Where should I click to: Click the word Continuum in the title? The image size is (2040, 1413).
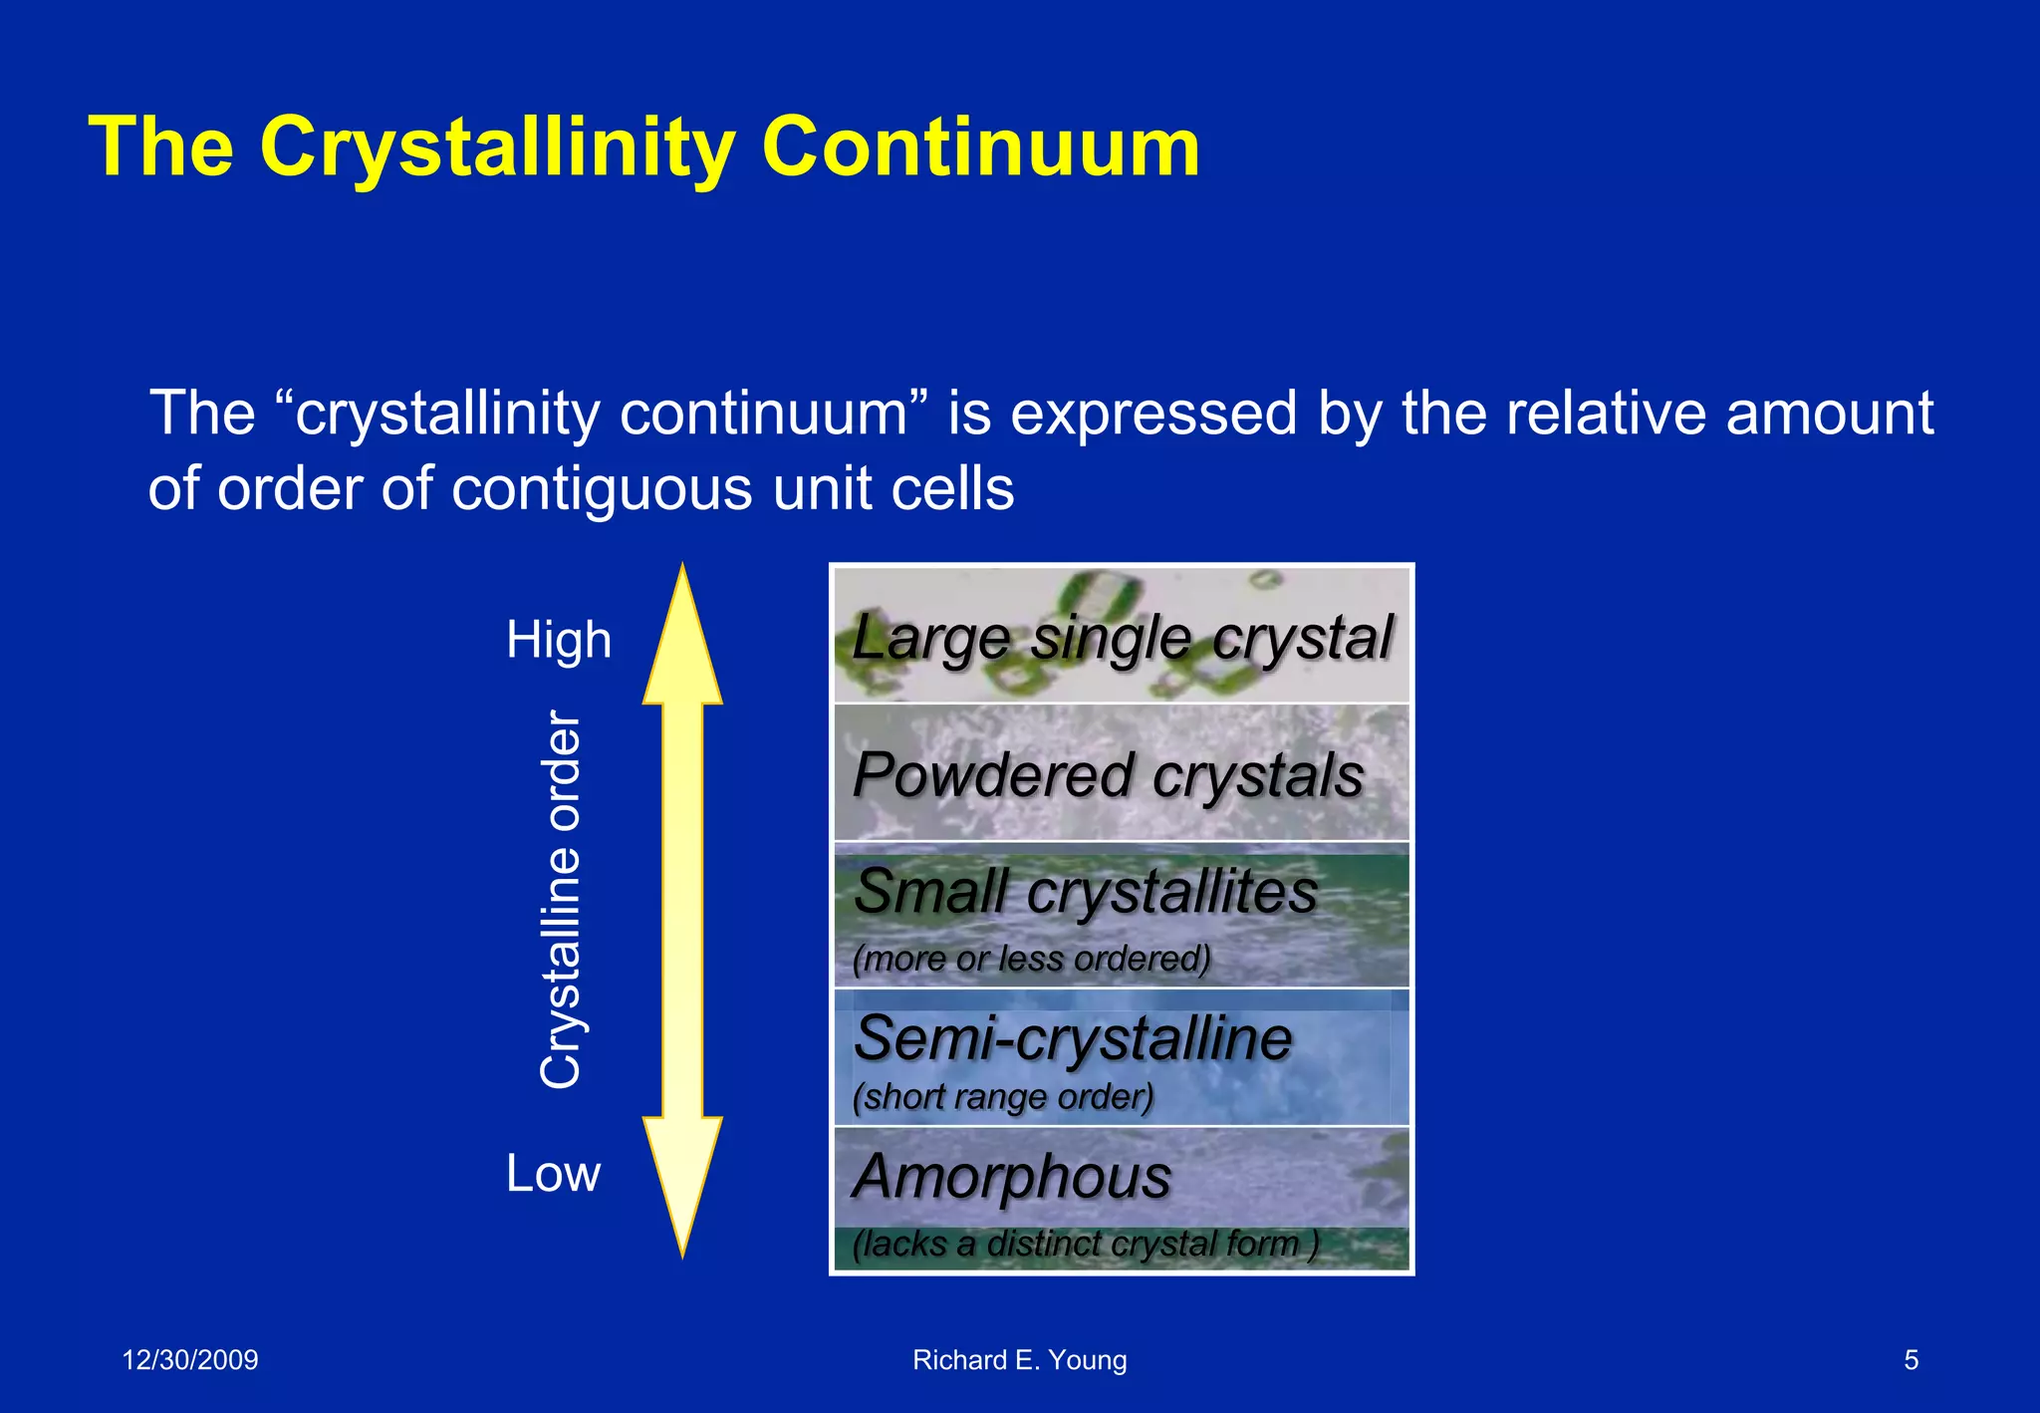980,147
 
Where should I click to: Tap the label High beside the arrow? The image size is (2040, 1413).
558,640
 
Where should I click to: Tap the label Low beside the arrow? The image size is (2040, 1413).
553,1173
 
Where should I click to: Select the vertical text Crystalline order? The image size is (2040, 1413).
561,900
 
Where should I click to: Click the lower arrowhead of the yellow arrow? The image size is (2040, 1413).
682,1181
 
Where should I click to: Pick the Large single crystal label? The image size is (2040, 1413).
1122,638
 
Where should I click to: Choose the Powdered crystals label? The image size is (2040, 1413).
1108,775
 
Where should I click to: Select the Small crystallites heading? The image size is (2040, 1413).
1086,891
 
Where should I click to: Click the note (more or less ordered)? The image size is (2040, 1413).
1031,959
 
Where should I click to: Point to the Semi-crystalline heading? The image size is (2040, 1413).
1073,1038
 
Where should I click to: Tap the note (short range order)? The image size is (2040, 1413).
1003,1097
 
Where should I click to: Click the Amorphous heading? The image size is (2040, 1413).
1012,1177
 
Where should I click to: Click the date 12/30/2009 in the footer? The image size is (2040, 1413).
189,1360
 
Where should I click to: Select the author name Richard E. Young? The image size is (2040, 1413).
1019,1360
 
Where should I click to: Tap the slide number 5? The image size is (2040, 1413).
1911,1360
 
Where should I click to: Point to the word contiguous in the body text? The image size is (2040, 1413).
601,489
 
